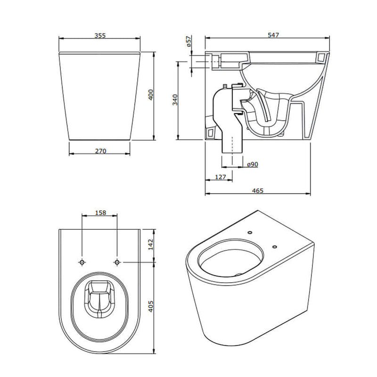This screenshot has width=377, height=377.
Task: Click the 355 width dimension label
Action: pos(100,36)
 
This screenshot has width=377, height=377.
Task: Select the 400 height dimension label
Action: pos(150,95)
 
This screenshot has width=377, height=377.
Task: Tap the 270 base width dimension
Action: pos(100,151)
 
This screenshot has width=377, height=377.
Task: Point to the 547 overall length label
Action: pos(273,35)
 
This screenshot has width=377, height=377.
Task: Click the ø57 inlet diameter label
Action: pos(189,41)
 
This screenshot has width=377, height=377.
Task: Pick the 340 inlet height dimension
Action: pos(175,99)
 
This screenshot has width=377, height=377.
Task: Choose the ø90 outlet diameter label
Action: pos(253,164)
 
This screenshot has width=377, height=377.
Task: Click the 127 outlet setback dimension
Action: pos(221,177)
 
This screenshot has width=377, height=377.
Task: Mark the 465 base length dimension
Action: pos(258,191)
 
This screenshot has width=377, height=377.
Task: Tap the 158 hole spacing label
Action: pos(100,213)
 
